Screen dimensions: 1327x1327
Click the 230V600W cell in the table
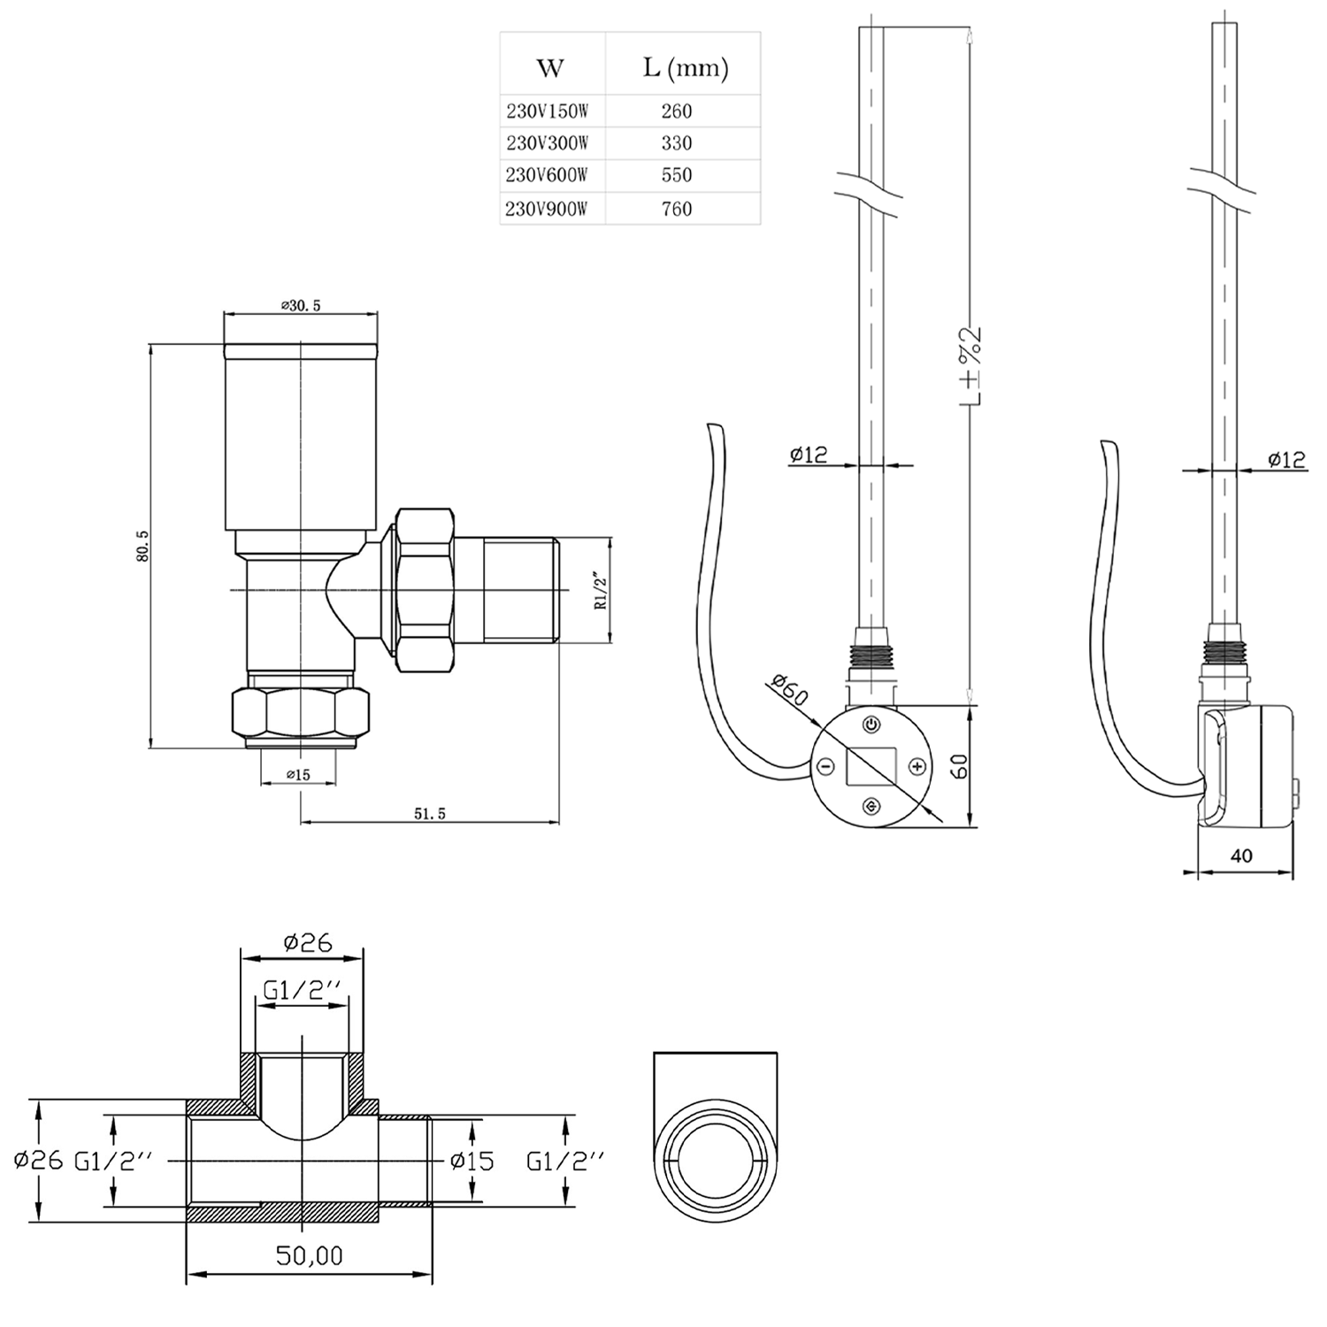pos(547,175)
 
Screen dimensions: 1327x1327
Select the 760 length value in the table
pos(677,209)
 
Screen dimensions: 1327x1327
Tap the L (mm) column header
pos(685,68)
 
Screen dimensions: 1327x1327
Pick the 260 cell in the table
pos(677,111)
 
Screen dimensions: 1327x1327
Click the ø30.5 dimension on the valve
pos(301,305)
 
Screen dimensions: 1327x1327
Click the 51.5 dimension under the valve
pos(430,814)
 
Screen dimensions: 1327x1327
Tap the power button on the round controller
pos(871,725)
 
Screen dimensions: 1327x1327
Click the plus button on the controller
pos(917,766)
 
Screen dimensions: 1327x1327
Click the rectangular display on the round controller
pos(871,766)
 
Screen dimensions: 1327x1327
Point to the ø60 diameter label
pos(789,690)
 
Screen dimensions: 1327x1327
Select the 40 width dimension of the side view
pos(1241,855)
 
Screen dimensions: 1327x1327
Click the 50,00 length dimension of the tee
pos(309,1254)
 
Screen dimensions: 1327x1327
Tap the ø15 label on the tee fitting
pos(472,1160)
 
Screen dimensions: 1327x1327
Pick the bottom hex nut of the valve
pos(300,713)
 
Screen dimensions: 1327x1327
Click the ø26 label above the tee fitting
pos(308,943)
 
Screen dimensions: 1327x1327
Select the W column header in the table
pos(550,68)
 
